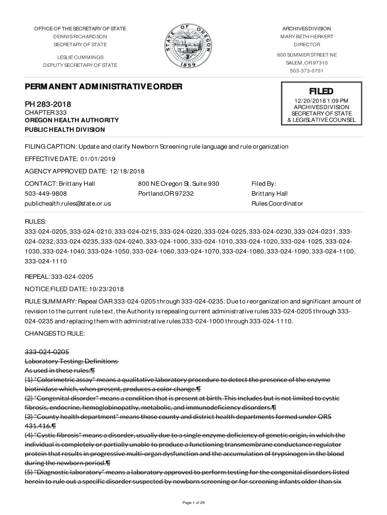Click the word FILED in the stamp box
(x=321, y=91)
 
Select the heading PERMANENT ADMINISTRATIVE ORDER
(x=103, y=87)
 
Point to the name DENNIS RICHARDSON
(x=80, y=37)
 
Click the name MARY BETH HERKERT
(x=307, y=37)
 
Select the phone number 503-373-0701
(x=307, y=71)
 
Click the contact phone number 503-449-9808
(x=46, y=194)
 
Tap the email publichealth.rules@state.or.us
(x=68, y=204)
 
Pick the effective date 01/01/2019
(x=94, y=159)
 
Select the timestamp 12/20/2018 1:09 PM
(x=321, y=101)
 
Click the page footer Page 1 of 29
(x=193, y=502)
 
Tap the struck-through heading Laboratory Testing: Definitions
(x=71, y=362)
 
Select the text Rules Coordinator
(x=277, y=204)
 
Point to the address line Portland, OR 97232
(x=166, y=194)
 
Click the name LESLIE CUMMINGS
(x=80, y=57)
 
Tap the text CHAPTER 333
(x=46, y=112)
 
